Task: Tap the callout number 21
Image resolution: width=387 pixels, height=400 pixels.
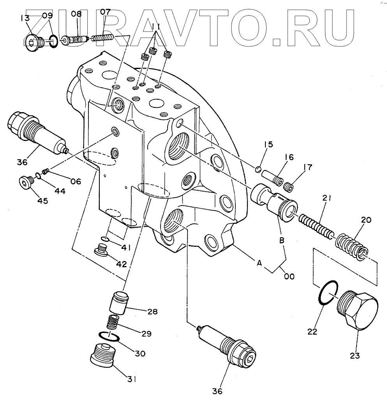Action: click(x=326, y=198)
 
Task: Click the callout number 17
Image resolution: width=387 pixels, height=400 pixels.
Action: click(x=307, y=167)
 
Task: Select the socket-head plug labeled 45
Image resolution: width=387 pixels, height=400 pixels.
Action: click(x=27, y=182)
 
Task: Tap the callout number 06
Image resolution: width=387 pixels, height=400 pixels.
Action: click(x=76, y=181)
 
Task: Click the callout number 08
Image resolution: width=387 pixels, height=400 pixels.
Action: click(x=76, y=14)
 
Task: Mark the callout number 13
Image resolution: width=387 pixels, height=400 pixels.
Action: click(x=25, y=18)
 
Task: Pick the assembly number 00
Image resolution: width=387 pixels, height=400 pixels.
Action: click(x=289, y=276)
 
